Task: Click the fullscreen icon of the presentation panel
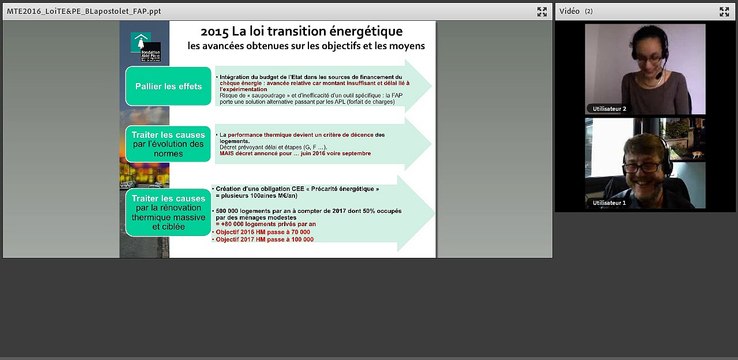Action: (x=541, y=12)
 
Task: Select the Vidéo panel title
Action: (x=569, y=11)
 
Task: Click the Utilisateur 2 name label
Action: (x=610, y=108)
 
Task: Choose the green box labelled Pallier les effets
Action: (x=167, y=86)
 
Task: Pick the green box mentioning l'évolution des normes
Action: (x=167, y=145)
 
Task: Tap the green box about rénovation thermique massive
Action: (x=167, y=213)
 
